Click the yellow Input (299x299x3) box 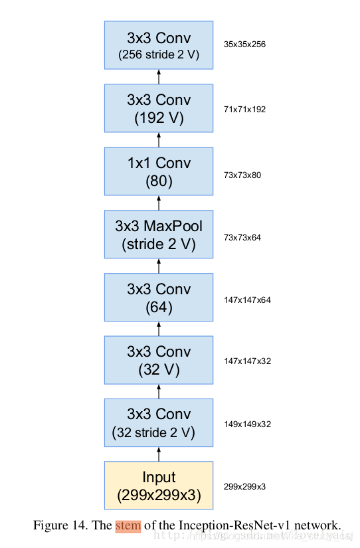[158, 486]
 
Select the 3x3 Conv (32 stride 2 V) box [158, 423]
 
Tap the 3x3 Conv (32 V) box [158, 360]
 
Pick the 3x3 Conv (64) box [158, 298]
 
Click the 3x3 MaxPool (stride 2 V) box [158, 234]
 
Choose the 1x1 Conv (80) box [158, 172]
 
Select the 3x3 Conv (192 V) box [158, 109]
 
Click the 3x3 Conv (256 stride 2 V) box [158, 45]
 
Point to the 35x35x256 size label [245, 45]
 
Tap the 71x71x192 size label [245, 109]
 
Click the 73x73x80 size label [243, 175]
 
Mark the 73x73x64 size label [243, 237]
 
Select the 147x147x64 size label [248, 300]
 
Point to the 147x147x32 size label [248, 361]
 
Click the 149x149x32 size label [248, 424]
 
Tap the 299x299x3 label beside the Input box [244, 487]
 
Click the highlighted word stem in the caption [128, 525]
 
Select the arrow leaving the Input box [158, 454]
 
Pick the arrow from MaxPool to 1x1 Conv [158, 203]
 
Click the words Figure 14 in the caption [60, 525]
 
